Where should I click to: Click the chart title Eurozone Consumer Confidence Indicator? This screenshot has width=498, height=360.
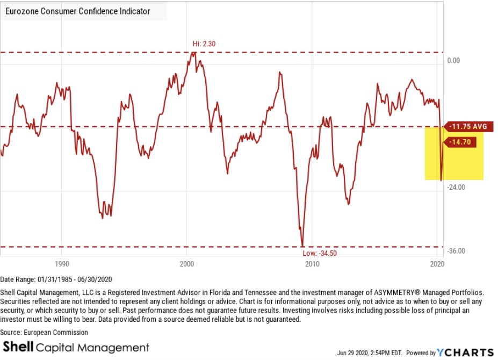pyautogui.click(x=77, y=11)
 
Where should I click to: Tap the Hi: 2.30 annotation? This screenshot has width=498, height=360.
pyautogui.click(x=204, y=44)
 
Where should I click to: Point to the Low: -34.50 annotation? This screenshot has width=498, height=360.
pyautogui.click(x=320, y=253)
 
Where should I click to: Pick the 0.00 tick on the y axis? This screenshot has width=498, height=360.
pyautogui.click(x=454, y=60)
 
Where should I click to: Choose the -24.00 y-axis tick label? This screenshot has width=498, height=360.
pyautogui.click(x=456, y=188)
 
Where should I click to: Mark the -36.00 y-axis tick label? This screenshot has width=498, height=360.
pyautogui.click(x=456, y=251)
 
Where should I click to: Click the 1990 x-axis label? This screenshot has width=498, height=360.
pyautogui.click(x=62, y=264)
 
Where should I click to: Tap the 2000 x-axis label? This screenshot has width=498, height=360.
pyautogui.click(x=186, y=264)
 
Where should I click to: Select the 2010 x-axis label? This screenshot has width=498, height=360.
pyautogui.click(x=312, y=264)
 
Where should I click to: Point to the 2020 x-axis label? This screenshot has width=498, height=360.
pyautogui.click(x=437, y=264)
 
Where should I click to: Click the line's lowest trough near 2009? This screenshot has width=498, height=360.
pyautogui.click(x=302, y=245)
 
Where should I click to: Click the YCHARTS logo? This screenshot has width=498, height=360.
pyautogui.click(x=465, y=352)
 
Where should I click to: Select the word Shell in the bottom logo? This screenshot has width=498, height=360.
pyautogui.click(x=19, y=347)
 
